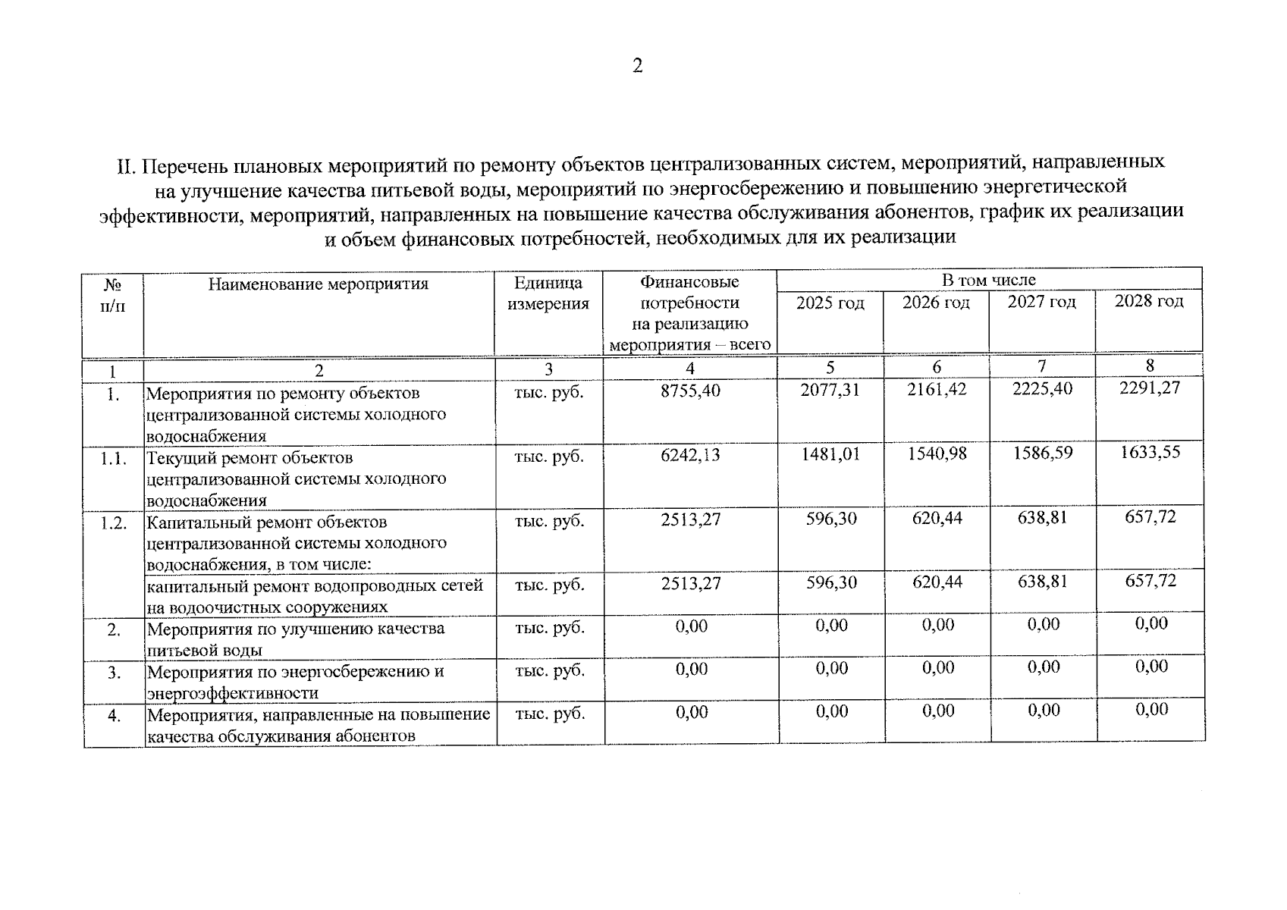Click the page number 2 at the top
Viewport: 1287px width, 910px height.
point(637,67)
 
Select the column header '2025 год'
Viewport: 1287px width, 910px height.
point(830,303)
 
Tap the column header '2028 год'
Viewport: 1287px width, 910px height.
point(1148,301)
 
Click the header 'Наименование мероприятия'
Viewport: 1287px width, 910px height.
point(319,284)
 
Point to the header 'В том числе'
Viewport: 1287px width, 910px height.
point(988,280)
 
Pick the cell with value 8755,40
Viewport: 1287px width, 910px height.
point(690,391)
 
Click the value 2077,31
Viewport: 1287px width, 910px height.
point(830,390)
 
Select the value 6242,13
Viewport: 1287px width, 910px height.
point(690,455)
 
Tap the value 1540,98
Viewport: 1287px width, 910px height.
point(937,454)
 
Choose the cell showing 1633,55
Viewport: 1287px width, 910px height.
point(1150,453)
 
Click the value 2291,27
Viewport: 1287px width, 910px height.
point(1150,388)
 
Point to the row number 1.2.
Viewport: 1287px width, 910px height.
point(113,523)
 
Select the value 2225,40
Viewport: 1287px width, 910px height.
point(1042,389)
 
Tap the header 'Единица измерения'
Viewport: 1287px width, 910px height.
point(548,293)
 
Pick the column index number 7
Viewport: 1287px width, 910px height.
point(1042,366)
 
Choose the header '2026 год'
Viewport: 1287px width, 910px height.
point(936,303)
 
